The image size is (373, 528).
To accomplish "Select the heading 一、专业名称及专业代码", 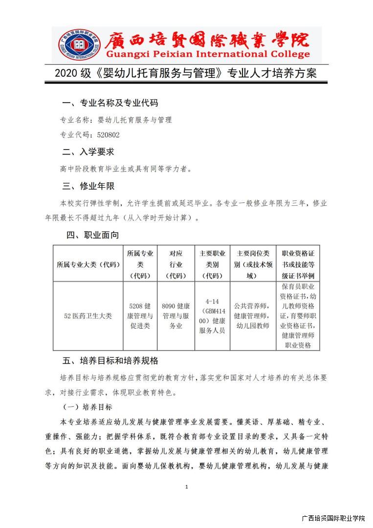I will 110,103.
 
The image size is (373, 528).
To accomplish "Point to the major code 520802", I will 108,135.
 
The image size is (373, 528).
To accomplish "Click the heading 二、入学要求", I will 88,152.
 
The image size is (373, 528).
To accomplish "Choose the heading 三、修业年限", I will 88,186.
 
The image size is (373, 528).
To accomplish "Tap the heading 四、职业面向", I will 92,235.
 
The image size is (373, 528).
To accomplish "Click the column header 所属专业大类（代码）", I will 88,264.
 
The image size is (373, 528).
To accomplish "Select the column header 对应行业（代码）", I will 176,264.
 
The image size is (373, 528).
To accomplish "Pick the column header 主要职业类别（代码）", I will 212,264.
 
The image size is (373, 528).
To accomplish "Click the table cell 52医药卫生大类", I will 88,316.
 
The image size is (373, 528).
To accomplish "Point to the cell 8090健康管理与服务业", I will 176,316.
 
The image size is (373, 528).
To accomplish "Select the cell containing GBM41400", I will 212,316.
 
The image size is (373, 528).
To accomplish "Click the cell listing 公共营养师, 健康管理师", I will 252,316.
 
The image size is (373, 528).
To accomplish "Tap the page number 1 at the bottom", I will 187,487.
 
